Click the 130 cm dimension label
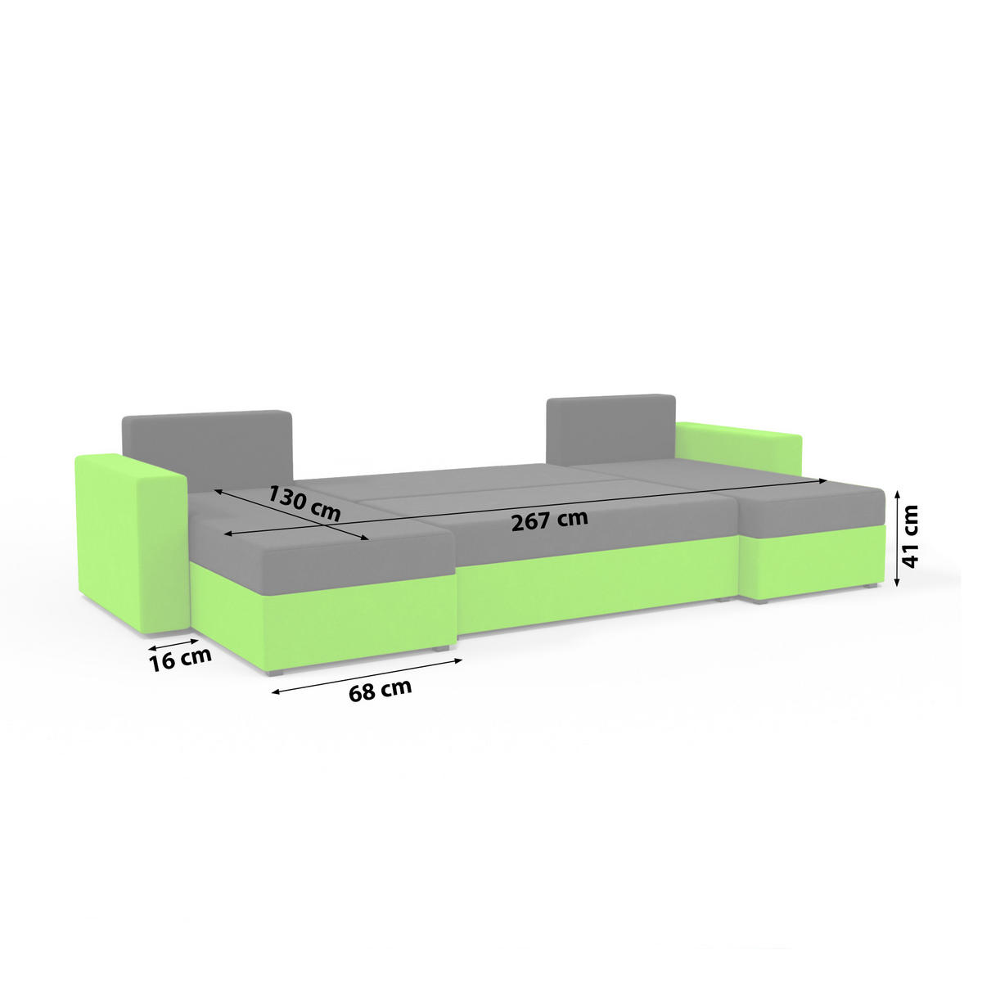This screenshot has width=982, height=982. tap(304, 503)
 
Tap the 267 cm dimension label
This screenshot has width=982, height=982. tap(549, 520)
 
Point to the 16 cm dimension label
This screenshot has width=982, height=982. tap(180, 660)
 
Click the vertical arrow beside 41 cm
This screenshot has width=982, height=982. tap(898, 537)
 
